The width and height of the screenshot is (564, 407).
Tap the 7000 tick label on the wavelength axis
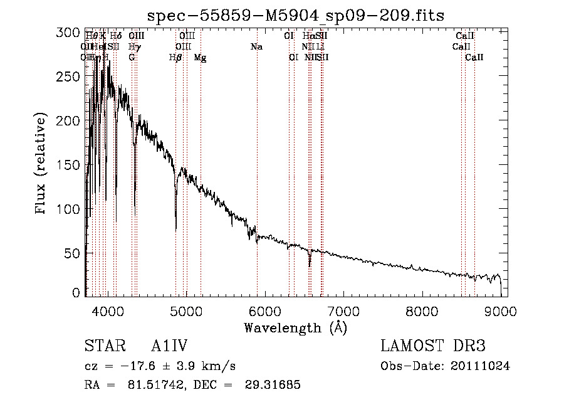(x=343, y=310)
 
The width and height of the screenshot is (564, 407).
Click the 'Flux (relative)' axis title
(x=42, y=165)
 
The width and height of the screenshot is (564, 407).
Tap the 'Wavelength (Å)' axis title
(x=295, y=327)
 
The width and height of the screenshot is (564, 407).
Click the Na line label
(x=256, y=47)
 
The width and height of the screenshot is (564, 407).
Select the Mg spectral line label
(x=201, y=58)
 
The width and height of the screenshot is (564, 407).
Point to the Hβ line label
(x=175, y=58)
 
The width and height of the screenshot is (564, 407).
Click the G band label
(x=132, y=58)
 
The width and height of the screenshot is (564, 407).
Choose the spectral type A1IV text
(x=170, y=346)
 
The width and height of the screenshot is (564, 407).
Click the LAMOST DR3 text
(x=433, y=346)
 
